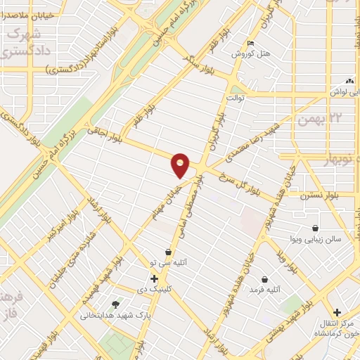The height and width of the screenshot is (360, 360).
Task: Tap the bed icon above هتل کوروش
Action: (x=252, y=44)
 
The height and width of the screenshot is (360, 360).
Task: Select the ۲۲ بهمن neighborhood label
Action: (x=313, y=119)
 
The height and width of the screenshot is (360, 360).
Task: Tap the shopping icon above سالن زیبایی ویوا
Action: (x=315, y=229)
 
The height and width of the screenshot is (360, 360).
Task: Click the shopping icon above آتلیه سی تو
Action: (x=168, y=252)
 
